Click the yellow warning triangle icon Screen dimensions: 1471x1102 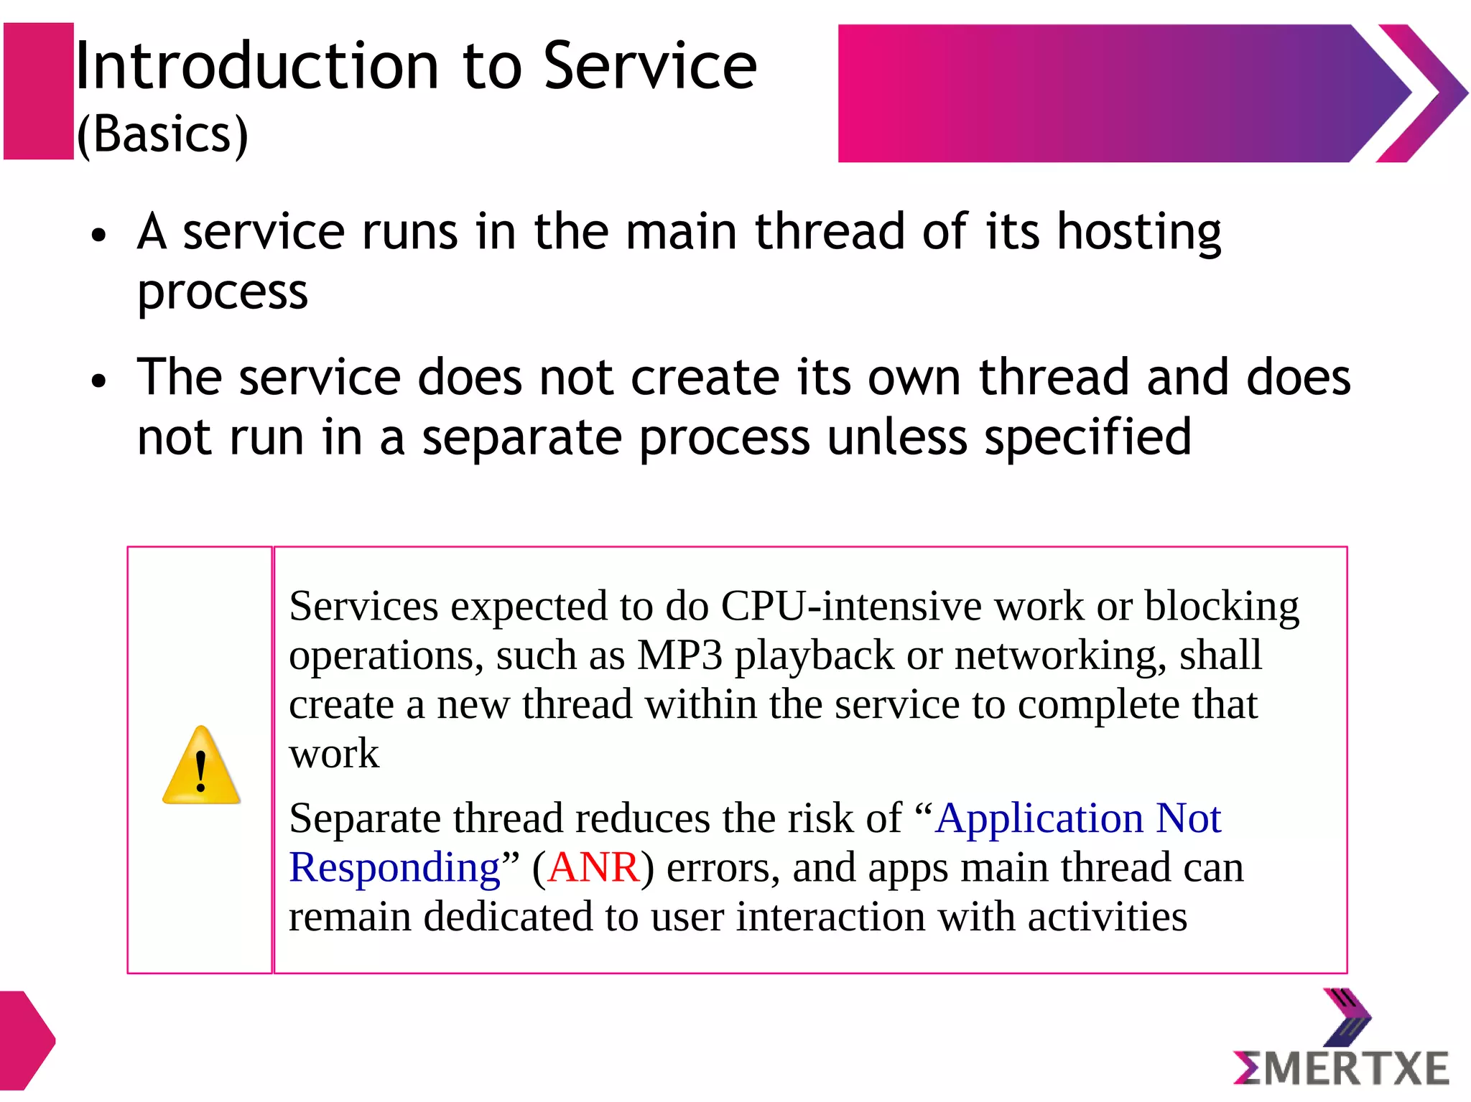[201, 767]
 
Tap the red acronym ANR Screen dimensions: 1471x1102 [593, 867]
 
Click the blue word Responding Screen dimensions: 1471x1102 [394, 867]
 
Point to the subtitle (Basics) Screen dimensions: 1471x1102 [162, 134]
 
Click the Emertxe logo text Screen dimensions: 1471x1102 [1342, 1068]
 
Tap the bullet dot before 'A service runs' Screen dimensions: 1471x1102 [99, 235]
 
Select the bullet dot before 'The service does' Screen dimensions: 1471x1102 [99, 380]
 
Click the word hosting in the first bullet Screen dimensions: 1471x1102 [1139, 233]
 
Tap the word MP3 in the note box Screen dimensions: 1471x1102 [679, 655]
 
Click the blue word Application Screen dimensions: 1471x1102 [1039, 818]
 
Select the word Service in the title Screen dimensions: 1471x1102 [650, 66]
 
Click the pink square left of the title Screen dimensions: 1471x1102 [39, 91]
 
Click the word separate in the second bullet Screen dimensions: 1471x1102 [521, 437]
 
